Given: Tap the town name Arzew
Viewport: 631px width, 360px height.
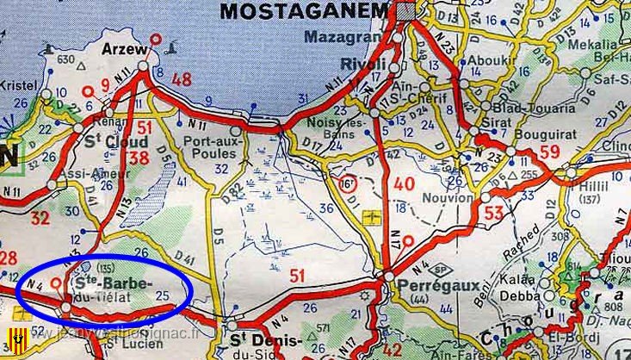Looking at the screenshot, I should click(124, 50).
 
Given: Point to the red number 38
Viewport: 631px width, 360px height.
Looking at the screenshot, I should click(138, 156).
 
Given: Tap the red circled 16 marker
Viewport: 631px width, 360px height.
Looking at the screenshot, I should click(346, 184).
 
